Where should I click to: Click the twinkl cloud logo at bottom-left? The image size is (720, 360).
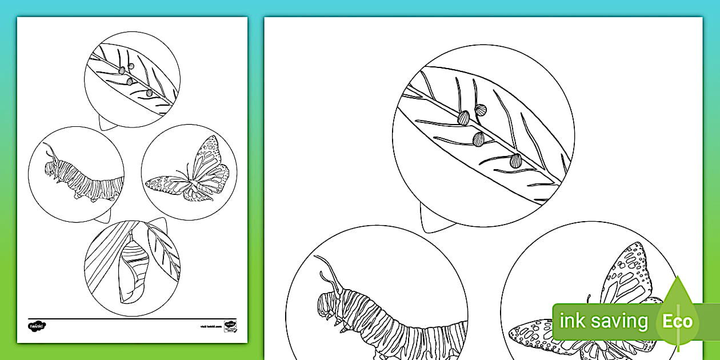(x=37, y=326)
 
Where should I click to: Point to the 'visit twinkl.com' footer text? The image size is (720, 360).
(x=209, y=327)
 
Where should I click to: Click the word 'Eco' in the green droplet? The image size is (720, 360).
(x=677, y=321)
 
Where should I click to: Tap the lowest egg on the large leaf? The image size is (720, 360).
(x=516, y=161)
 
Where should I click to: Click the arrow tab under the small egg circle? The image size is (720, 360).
(x=105, y=123)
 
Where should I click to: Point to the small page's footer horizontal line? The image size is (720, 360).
(x=132, y=318)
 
